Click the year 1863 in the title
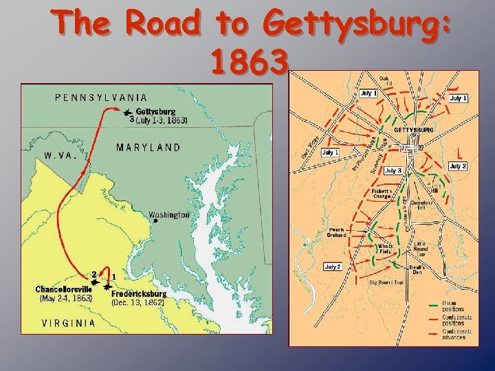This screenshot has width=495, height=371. click(x=247, y=63)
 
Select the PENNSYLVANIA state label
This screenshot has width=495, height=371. click(x=101, y=98)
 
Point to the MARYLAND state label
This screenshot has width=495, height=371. click(x=148, y=147)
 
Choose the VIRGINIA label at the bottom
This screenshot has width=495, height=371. click(x=69, y=323)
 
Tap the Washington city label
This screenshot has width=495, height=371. click(x=169, y=215)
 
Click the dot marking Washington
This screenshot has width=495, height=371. click(x=156, y=221)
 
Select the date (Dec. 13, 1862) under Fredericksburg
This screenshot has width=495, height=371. click(x=138, y=302)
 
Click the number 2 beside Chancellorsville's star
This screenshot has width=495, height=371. click(x=93, y=274)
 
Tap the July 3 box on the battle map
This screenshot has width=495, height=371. click(x=393, y=170)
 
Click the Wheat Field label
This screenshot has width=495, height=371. click(x=385, y=249)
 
